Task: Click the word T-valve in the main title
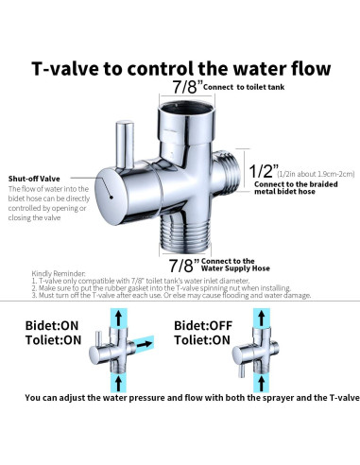point(68,69)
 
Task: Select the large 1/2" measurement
point(262,172)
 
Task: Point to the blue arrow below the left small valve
point(116,381)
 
